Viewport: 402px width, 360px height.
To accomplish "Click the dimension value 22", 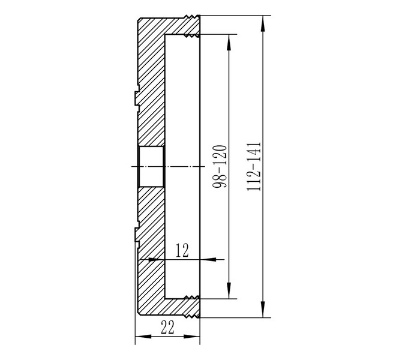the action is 167,328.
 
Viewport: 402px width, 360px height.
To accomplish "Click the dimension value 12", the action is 182,250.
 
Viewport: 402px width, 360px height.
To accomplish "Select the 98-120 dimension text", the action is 220,167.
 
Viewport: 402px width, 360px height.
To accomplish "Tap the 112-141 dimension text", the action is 254,166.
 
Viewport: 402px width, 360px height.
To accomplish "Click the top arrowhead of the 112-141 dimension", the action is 263,24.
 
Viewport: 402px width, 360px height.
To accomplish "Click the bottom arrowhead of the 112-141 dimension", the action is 263,309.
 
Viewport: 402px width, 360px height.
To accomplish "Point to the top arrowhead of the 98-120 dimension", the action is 229,43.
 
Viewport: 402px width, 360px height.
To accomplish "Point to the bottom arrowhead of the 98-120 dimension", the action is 229,290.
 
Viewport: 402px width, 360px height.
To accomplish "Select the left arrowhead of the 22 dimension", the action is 143,337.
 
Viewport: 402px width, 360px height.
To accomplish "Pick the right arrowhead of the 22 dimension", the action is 191,337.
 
